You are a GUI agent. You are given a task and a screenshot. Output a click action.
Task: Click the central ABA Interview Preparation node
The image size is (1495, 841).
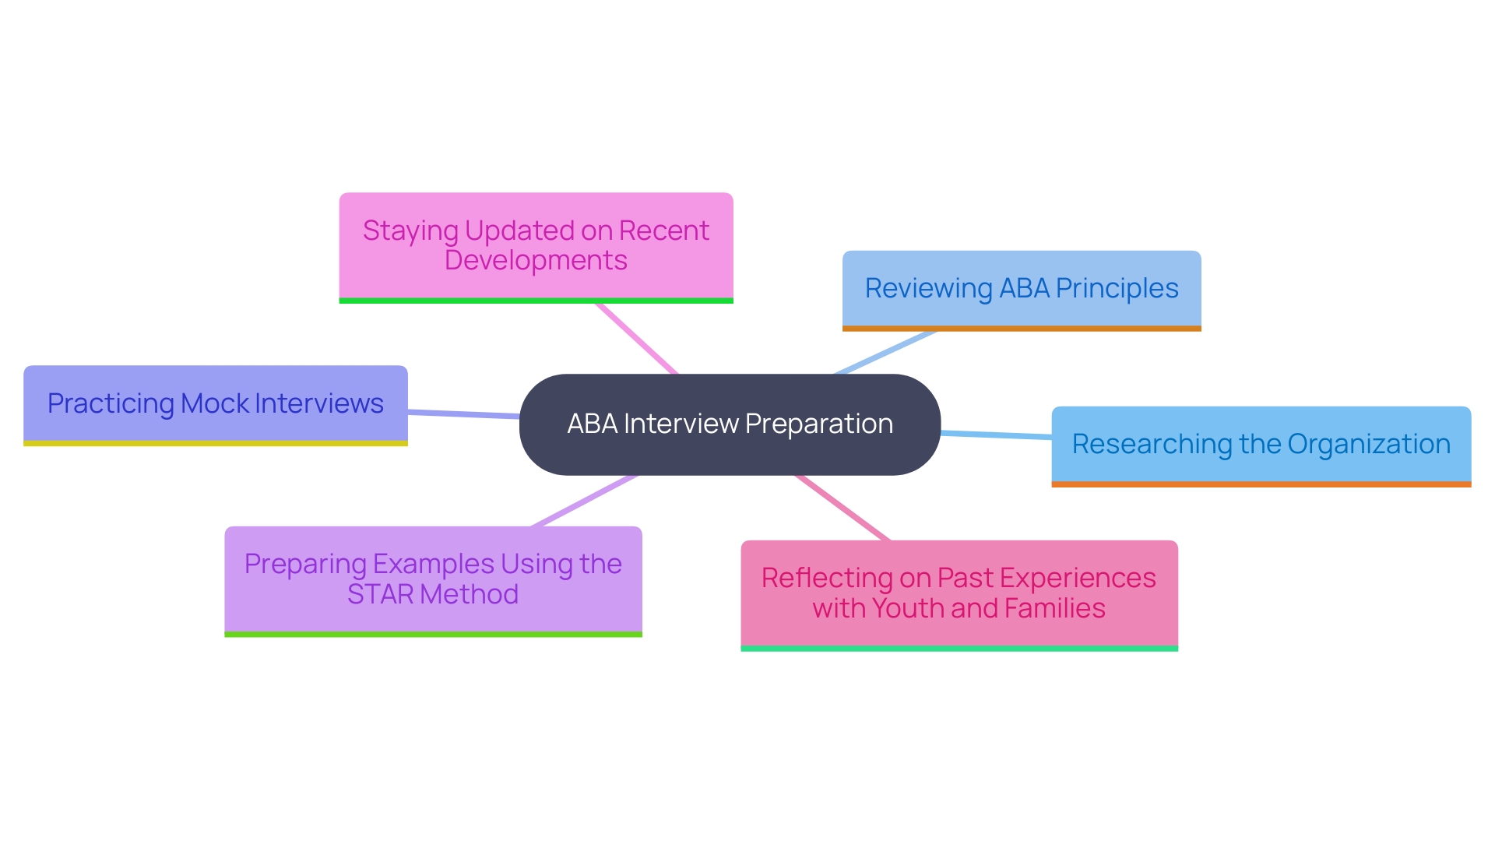[730, 424]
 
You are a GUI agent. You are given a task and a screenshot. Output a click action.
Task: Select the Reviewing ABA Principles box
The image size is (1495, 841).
[1022, 289]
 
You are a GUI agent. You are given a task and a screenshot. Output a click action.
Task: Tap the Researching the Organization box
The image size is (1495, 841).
[1261, 445]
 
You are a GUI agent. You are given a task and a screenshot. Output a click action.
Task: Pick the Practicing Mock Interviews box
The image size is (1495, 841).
[216, 403]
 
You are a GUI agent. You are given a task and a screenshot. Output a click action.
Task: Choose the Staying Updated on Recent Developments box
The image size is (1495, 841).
[536, 245]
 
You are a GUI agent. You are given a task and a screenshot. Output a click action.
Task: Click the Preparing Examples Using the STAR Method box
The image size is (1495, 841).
[433, 579]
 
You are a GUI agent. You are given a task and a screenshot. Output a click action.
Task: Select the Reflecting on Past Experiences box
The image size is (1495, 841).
[959, 593]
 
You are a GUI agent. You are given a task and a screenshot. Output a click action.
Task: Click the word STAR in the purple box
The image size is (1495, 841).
[380, 595]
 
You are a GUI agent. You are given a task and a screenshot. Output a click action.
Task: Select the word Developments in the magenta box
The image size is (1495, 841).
[536, 261]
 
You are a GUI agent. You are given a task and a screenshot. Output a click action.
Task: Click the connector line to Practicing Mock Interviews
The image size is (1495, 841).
[463, 414]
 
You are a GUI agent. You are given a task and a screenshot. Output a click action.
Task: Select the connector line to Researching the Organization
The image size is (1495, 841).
[997, 435]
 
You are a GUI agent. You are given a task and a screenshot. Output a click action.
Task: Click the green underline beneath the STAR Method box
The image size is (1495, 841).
[433, 635]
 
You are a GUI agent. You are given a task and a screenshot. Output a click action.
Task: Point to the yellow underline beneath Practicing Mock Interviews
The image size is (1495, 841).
[216, 443]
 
